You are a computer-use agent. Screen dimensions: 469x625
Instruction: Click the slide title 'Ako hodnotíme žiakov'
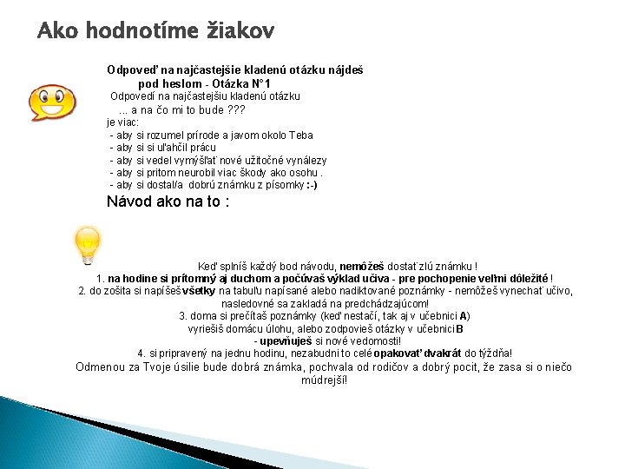(156, 32)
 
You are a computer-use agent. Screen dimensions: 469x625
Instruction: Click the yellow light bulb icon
(89, 244)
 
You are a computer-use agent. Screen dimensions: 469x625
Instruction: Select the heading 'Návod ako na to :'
(168, 202)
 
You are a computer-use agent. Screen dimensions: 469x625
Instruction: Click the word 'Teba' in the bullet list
(300, 135)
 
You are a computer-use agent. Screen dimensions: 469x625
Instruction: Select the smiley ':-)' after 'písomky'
(312, 185)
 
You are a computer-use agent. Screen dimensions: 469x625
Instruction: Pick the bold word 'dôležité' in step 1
(525, 278)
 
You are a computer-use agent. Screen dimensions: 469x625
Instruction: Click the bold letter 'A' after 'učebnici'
(464, 316)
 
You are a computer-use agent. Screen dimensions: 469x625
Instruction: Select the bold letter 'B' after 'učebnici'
(459, 328)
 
